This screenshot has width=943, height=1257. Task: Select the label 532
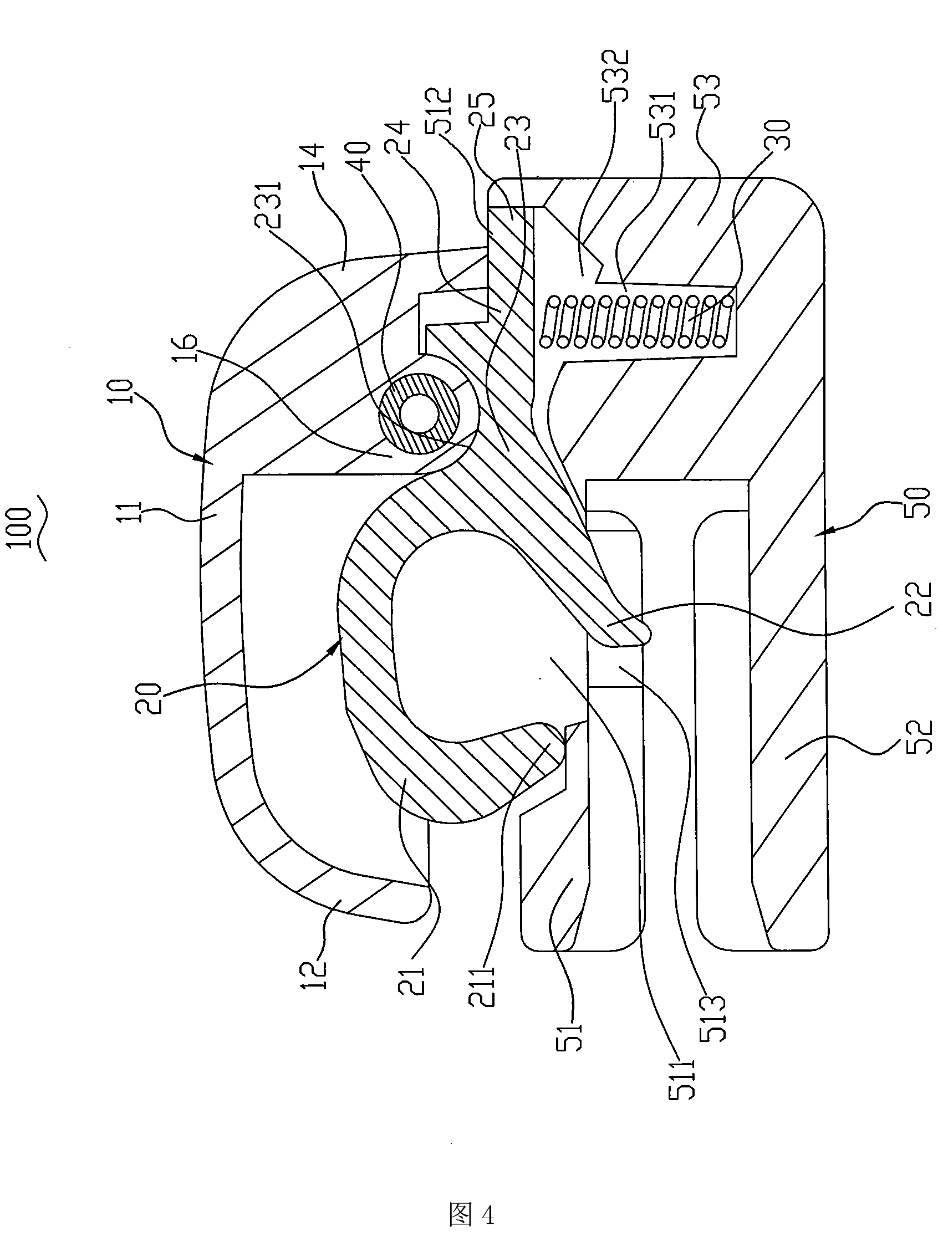pyautogui.click(x=617, y=75)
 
